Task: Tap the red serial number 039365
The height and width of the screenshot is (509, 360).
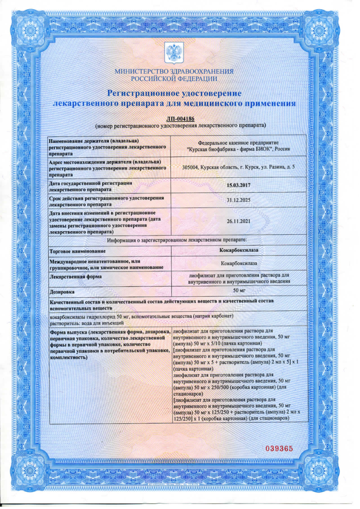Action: point(280,448)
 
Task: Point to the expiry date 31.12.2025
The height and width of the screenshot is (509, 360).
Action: point(238,200)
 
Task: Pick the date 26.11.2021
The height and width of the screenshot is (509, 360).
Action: point(238,221)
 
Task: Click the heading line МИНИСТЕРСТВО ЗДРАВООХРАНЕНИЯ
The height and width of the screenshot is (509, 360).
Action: point(174,72)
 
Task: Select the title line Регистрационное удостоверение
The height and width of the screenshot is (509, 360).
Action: point(174,93)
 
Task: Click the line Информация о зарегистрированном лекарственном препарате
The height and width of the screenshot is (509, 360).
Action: point(177,239)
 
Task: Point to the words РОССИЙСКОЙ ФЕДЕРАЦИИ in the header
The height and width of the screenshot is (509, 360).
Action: point(174,78)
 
